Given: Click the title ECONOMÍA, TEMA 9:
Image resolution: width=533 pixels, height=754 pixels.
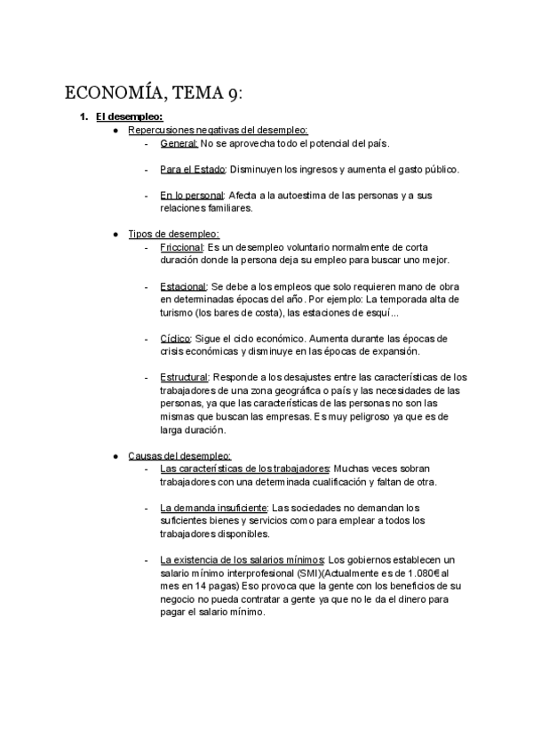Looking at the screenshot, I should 154,95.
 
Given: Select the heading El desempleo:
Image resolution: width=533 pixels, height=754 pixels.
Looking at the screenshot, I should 129,117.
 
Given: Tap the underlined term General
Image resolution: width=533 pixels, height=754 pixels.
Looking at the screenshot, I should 179,143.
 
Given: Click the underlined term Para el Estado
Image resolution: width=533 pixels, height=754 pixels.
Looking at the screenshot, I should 193,169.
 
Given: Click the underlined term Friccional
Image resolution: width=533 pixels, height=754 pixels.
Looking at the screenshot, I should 182,246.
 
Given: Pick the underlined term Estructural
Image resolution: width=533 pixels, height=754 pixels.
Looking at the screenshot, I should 185,377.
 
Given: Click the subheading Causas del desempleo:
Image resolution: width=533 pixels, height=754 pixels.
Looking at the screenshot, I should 179,455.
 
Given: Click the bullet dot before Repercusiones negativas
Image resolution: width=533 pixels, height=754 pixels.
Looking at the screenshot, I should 116,131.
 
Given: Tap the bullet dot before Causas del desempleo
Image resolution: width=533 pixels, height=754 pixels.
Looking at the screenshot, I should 116,455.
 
